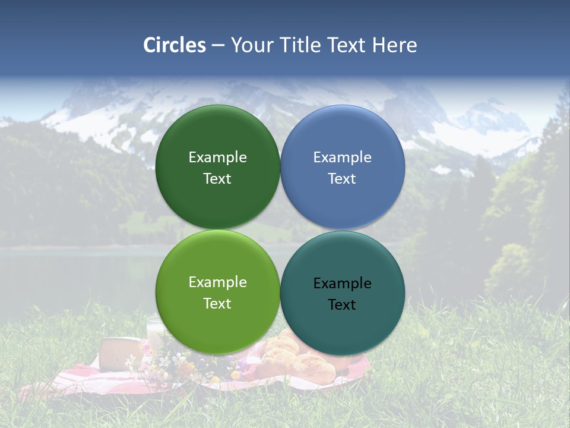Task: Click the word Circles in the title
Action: coord(175,45)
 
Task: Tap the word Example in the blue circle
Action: coord(343,157)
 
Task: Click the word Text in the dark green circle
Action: coord(217,179)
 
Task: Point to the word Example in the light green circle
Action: coord(217,282)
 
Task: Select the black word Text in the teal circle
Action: coord(342,305)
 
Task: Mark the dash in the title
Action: coord(218,46)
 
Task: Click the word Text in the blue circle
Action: coord(342,179)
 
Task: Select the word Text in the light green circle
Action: coord(217,304)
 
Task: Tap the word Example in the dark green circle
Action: coord(217,157)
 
